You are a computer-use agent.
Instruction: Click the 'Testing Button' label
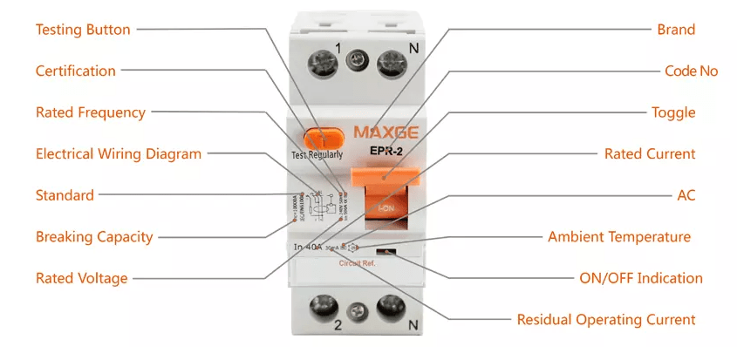83,30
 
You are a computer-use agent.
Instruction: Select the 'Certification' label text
75,71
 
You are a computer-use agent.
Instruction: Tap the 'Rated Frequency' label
91,112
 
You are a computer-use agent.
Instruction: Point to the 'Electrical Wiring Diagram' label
119,153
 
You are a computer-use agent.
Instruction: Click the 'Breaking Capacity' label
94,236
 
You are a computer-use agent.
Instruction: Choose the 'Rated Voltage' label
81,278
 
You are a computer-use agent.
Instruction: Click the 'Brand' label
676,30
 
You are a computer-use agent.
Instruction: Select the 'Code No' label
691,71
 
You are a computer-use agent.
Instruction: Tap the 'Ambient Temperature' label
619,236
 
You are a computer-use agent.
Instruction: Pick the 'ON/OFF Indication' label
641,278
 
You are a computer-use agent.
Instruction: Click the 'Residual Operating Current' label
606,319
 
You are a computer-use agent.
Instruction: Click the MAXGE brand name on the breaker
386,134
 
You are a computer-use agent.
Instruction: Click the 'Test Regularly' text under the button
318,155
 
